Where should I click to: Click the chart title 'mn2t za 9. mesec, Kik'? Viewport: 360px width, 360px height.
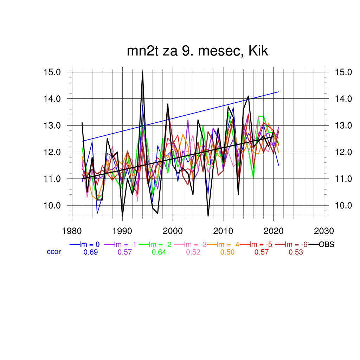pos(198,51)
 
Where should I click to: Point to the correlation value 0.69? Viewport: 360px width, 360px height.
pos(90,252)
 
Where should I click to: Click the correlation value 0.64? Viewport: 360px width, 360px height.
pos(159,252)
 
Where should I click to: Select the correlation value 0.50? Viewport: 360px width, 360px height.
pos(227,252)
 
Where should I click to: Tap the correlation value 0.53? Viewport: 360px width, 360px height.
pos(296,252)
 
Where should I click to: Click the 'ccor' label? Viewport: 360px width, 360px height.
pos(54,252)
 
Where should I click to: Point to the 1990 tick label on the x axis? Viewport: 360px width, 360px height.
pos(122,231)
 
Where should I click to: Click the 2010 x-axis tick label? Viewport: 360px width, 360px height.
pos(223,231)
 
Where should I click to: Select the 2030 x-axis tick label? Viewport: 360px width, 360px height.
pos(324,231)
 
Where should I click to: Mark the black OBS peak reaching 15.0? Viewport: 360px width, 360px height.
pos(142,72)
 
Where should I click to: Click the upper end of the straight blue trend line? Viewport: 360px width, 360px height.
pos(278,92)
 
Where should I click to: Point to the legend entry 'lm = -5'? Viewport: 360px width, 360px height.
pos(262,245)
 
